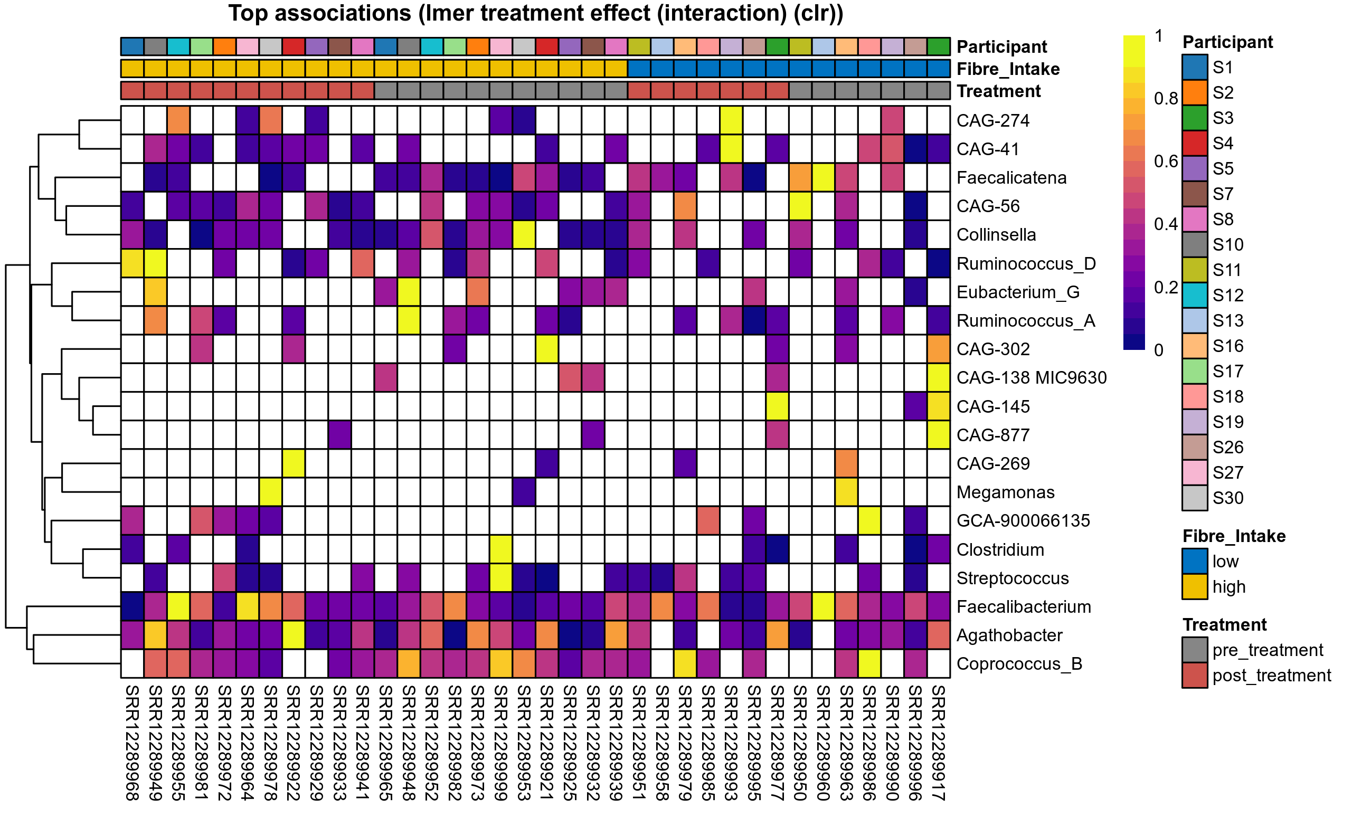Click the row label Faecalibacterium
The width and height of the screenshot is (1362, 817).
coord(1024,607)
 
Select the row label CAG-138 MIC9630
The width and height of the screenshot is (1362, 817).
coord(1031,378)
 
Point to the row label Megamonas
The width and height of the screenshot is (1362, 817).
coord(1005,492)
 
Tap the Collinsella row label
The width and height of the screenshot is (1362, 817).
coord(996,235)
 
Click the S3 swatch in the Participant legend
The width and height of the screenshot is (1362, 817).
coord(1195,118)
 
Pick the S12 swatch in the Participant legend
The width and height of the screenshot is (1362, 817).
coord(1195,295)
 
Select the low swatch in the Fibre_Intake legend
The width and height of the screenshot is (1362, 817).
coord(1195,562)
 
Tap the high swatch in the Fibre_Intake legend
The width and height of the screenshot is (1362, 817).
coord(1195,587)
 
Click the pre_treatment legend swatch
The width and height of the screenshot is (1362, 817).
coord(1195,650)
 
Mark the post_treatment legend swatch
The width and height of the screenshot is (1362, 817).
coord(1195,676)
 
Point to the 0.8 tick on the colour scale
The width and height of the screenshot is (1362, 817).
coord(1166,99)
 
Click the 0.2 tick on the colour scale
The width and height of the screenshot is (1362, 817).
coord(1166,288)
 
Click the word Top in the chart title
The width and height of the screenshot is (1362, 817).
coord(247,14)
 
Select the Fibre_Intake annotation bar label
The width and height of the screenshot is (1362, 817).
coord(1008,69)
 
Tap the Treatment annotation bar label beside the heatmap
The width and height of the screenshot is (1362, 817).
coord(998,91)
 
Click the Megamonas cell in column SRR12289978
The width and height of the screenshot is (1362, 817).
coord(271,492)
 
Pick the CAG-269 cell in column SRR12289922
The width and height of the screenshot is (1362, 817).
coord(294,463)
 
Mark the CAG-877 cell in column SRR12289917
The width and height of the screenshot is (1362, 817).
coord(939,435)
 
